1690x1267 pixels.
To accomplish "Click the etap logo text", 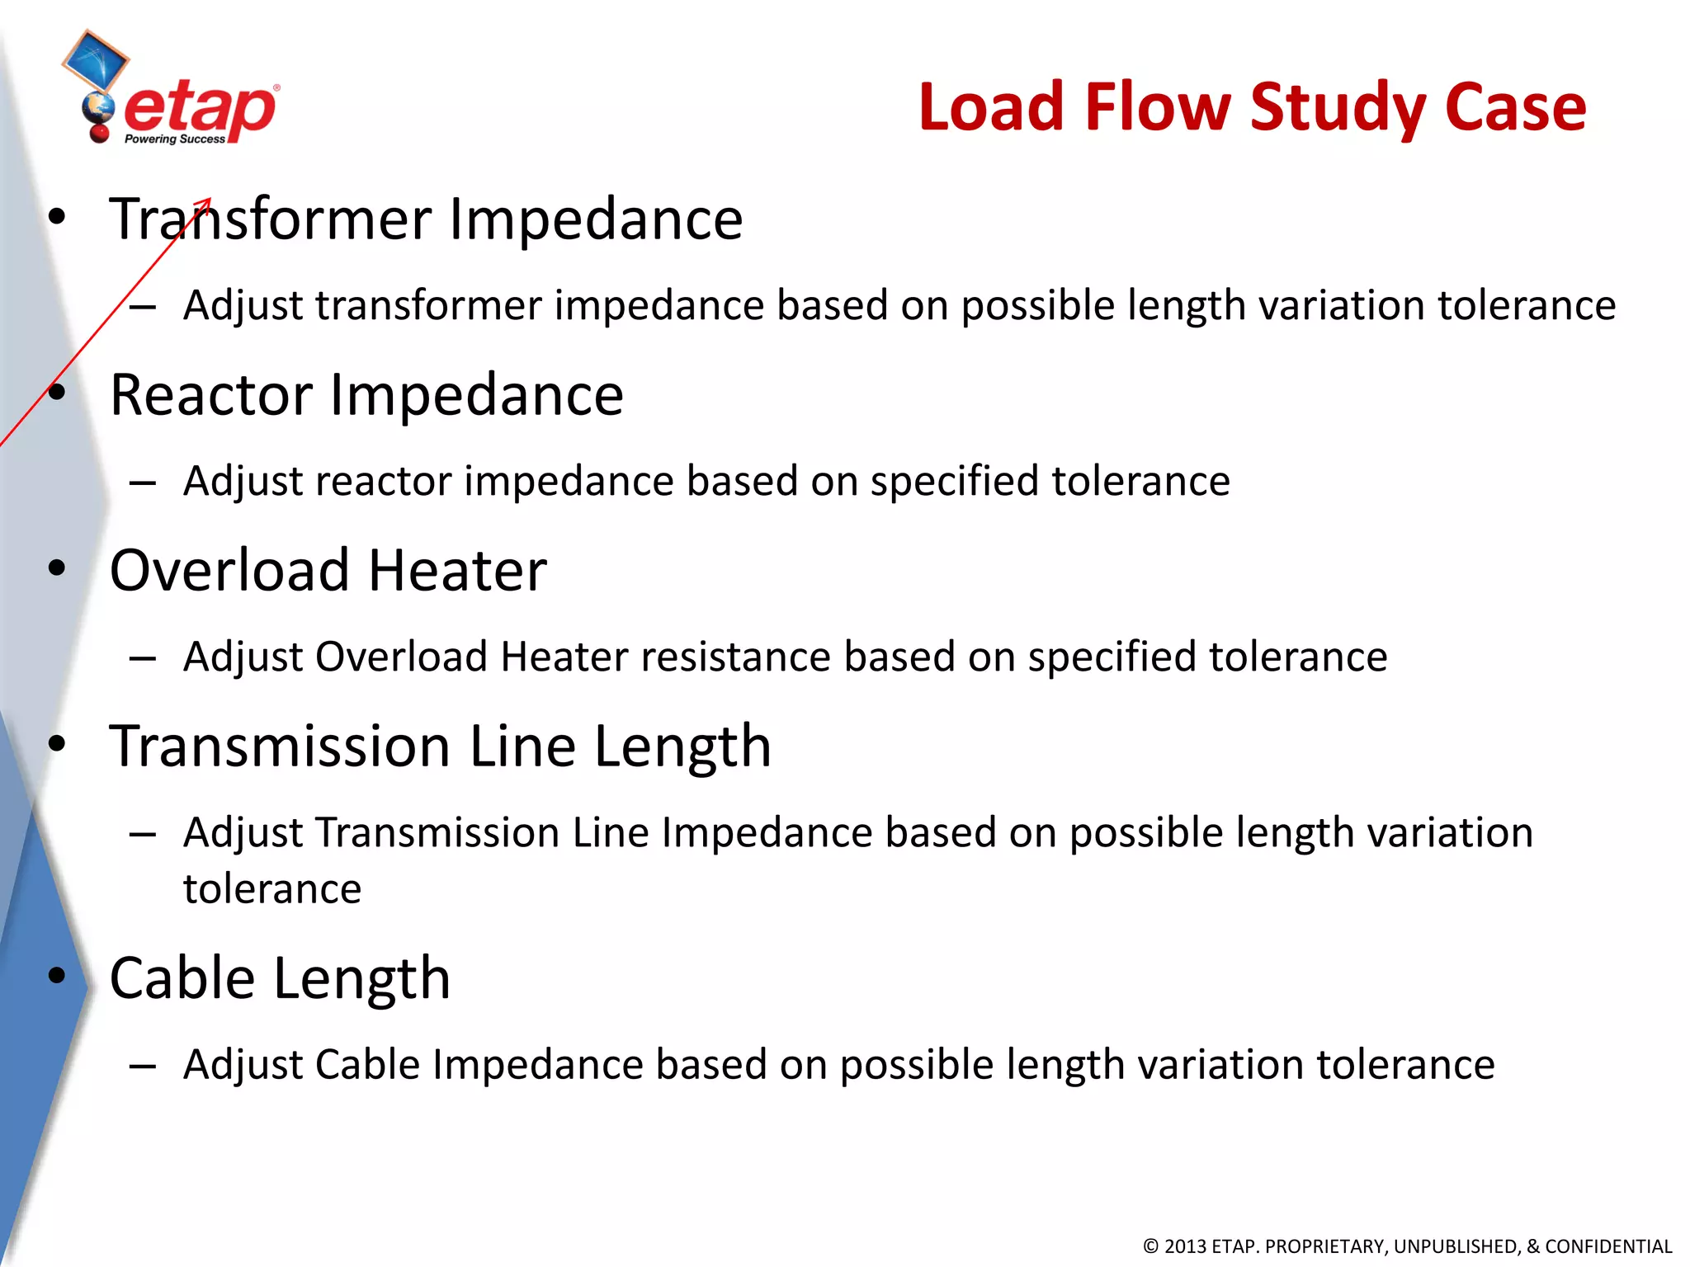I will (x=201, y=110).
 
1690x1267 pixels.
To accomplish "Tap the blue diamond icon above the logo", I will (x=96, y=59).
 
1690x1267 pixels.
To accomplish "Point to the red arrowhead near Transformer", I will (x=206, y=202).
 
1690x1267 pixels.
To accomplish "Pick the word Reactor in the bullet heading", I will (x=211, y=395).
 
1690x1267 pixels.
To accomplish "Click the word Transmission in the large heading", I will (x=281, y=747).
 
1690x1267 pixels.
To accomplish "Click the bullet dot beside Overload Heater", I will (x=56, y=568).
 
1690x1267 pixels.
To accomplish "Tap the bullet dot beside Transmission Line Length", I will (x=56, y=744).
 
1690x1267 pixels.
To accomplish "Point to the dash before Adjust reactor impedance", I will (x=143, y=483).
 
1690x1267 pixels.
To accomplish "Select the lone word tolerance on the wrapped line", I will (x=272, y=889).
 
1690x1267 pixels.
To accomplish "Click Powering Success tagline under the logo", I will (x=174, y=139).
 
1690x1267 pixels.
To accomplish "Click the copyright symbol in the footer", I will (x=1151, y=1246).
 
